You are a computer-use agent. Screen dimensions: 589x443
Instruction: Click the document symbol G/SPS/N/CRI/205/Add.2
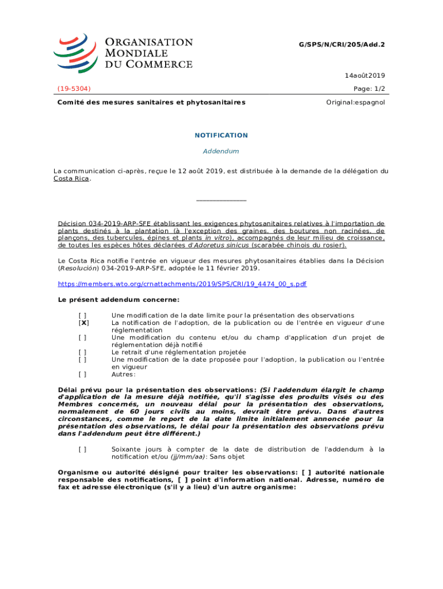(342, 44)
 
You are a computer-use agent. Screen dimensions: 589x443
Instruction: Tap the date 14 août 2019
(365, 75)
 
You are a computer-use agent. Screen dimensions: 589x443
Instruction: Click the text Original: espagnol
(357, 102)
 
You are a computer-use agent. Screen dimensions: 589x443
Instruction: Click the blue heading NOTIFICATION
(221, 135)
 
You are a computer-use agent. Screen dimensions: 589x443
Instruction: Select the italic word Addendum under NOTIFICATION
(221, 151)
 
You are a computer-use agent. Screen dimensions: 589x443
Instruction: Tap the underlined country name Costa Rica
(71, 178)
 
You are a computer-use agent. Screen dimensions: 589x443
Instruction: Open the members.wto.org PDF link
(182, 284)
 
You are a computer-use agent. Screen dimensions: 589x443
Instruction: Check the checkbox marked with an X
(83, 323)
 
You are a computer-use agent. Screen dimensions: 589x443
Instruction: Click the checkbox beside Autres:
(83, 374)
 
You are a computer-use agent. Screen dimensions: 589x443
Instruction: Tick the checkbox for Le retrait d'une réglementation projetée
(83, 352)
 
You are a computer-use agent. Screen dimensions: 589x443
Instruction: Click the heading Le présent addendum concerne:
(119, 300)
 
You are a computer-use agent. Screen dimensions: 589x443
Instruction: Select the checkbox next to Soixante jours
(83, 449)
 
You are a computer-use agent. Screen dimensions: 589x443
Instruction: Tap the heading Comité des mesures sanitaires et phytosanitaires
(151, 102)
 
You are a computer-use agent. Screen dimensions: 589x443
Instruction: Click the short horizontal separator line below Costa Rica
(221, 200)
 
